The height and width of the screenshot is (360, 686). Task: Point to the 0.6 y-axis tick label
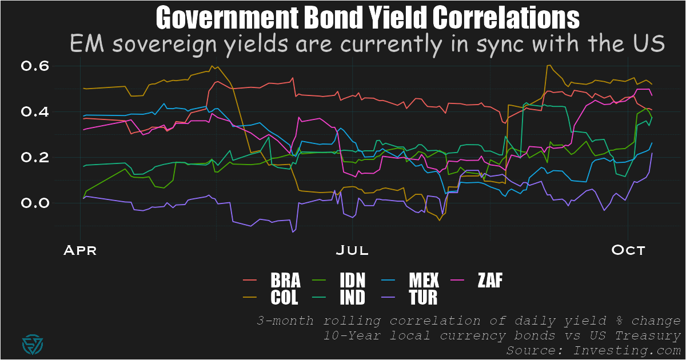pos(35,66)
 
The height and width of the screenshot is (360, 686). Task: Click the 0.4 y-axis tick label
pos(35,112)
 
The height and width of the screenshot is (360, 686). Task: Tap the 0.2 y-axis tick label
pos(35,158)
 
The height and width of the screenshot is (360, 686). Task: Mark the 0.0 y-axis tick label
pos(35,203)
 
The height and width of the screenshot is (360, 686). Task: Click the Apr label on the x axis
pos(80,250)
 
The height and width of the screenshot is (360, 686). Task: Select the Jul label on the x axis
pos(353,250)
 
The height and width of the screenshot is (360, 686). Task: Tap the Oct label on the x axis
pos(628,250)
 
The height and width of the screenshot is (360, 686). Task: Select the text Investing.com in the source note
pos(635,349)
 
